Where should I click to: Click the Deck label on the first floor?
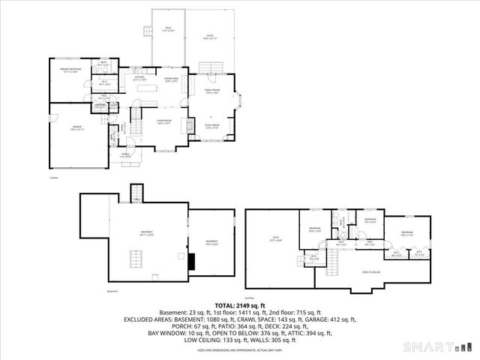point(169,29)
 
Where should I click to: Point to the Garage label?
point(75,129)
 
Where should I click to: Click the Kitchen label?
point(139,79)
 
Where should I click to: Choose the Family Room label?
point(211,92)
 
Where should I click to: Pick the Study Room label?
point(211,126)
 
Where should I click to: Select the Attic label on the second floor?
point(274,238)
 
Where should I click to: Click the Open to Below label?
point(370,272)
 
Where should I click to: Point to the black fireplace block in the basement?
point(191,260)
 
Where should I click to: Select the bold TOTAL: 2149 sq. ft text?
point(240,306)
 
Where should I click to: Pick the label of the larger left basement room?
point(146,233)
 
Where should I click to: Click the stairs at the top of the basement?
point(136,193)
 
